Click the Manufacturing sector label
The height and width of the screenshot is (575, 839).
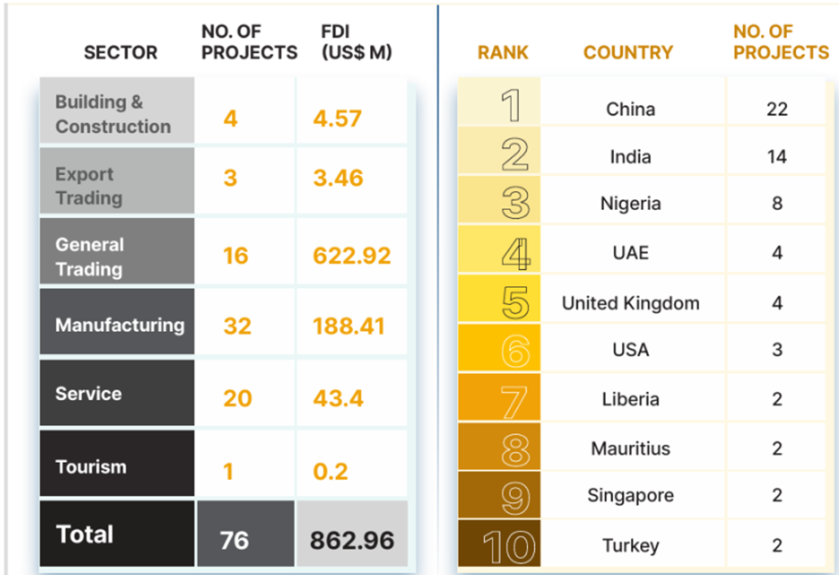click(x=119, y=325)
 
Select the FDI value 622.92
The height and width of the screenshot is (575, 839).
click(x=351, y=256)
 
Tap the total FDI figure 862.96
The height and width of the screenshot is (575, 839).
click(x=351, y=541)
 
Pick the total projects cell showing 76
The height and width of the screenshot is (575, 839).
click(x=234, y=541)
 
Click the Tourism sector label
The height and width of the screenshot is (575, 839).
click(x=91, y=466)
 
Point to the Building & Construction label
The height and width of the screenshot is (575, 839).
click(x=113, y=114)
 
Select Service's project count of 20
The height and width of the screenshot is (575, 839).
click(x=237, y=397)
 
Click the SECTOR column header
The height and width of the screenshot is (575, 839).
click(x=120, y=53)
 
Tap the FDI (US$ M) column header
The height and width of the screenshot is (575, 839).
click(x=357, y=42)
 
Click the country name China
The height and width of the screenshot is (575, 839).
click(x=630, y=109)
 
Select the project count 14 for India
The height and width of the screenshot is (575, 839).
click(x=776, y=157)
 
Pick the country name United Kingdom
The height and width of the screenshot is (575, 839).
click(x=630, y=303)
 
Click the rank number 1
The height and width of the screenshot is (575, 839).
click(x=511, y=106)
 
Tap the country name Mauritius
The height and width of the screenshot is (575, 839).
click(x=630, y=449)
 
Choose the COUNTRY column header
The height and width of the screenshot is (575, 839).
click(x=627, y=53)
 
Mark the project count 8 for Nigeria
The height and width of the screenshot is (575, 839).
click(x=776, y=204)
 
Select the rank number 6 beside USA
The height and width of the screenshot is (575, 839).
click(x=515, y=350)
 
